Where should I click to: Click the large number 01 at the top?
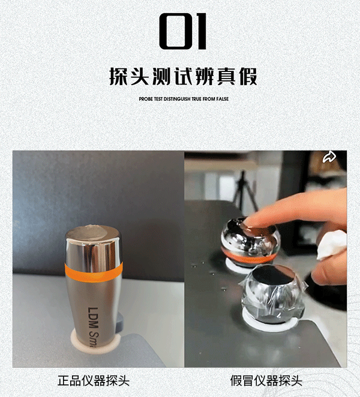point(182,31)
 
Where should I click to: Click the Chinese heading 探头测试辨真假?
point(183,76)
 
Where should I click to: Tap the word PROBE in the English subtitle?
point(146,99)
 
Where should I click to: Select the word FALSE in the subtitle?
point(222,99)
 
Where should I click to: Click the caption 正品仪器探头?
point(94,381)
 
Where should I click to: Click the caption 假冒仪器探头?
point(266,381)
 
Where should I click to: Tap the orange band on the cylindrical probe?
point(94,272)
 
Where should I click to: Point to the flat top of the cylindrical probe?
point(92,233)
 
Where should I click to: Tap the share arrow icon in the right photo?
point(329,157)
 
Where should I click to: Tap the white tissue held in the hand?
point(332,245)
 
